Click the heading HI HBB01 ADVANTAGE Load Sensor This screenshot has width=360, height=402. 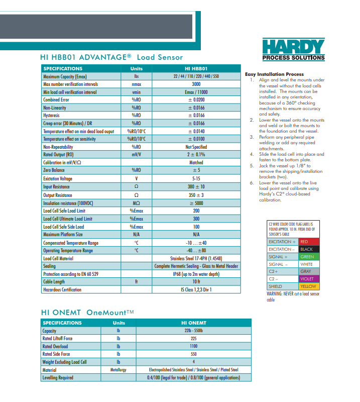(x=111, y=57)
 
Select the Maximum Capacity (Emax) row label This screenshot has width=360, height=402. (x=65, y=76)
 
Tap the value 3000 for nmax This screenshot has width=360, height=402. (x=196, y=84)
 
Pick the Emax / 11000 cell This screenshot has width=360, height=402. (x=196, y=92)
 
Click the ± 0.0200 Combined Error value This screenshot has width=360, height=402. (x=196, y=100)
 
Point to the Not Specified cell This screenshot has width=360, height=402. (x=196, y=147)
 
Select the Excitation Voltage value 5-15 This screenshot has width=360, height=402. (x=196, y=178)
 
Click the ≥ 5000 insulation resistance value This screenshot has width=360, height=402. (x=196, y=203)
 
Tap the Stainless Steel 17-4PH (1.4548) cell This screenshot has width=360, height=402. (x=196, y=258)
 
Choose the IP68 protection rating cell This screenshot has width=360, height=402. (x=196, y=274)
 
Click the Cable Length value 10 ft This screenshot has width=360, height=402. (x=196, y=282)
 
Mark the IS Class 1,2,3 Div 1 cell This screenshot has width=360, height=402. (x=196, y=290)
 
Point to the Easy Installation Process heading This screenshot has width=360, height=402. (x=274, y=74)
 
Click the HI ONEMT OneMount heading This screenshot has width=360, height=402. (x=87, y=312)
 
